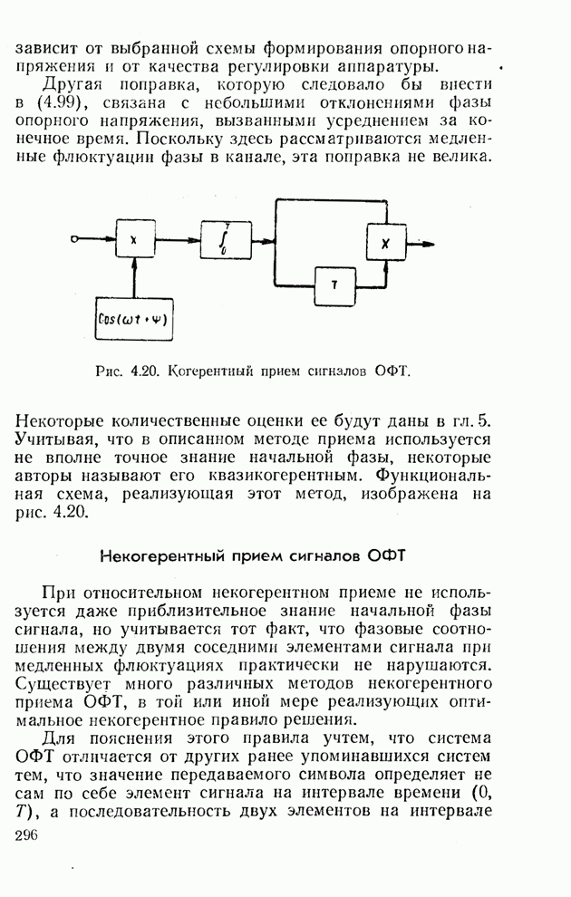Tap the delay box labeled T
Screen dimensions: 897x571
click(334, 285)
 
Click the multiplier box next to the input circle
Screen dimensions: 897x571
click(134, 240)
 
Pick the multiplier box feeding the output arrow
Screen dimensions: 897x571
click(385, 242)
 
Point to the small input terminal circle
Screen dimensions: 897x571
click(75, 240)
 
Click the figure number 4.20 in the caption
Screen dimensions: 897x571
click(144, 371)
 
